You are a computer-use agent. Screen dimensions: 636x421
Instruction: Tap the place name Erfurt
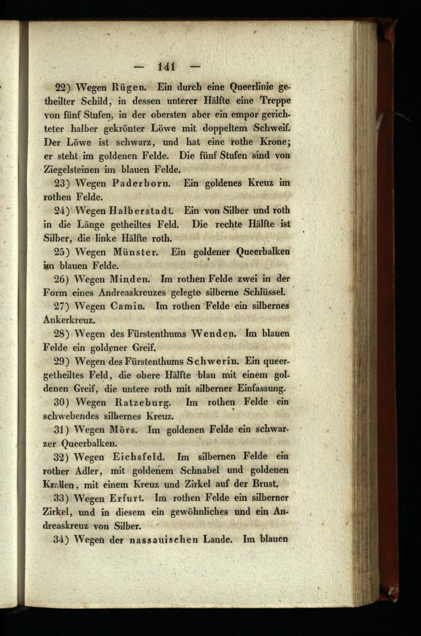click(x=127, y=498)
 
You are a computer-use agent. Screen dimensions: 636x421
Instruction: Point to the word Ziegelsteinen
click(x=72, y=170)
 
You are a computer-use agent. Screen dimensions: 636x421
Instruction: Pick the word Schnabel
click(x=200, y=470)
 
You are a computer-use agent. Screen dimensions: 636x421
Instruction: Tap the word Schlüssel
click(x=263, y=292)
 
